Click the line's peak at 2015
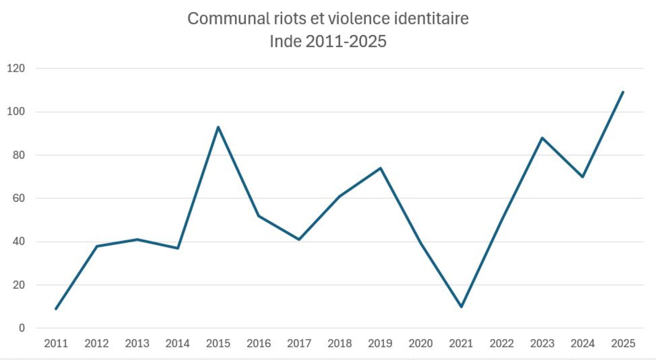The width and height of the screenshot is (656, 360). point(218,127)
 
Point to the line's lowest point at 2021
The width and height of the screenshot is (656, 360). point(461,306)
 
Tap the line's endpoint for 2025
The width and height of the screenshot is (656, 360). point(623,92)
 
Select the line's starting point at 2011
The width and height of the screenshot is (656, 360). point(56,309)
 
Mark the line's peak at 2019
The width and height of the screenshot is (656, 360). point(380,168)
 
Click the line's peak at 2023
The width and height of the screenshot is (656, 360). point(542,138)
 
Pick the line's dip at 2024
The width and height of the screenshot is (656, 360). point(582,177)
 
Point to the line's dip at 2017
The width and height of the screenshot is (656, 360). point(299,239)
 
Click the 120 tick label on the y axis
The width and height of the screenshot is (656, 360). point(16,69)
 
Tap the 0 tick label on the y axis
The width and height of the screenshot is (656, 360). point(22,328)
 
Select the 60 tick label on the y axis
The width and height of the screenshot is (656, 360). point(18,198)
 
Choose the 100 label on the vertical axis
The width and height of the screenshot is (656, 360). point(16,112)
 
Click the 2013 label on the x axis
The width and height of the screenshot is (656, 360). point(137,344)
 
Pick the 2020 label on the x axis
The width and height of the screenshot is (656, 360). point(421,344)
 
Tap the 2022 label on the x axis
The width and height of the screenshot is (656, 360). point(502,344)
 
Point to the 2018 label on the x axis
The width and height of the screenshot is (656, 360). point(340,344)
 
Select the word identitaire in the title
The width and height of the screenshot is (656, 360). point(431,18)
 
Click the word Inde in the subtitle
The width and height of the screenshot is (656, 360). point(286,41)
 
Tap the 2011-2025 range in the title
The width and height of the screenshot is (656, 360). point(346,41)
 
